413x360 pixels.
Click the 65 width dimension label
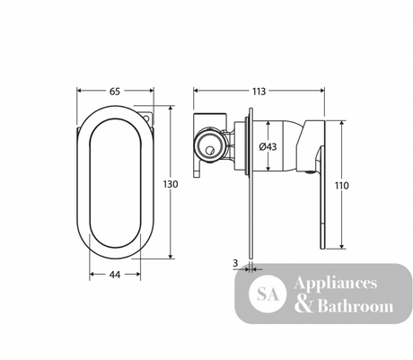[115, 92]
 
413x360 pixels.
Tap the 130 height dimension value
[171, 184]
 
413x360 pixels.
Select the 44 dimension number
[115, 275]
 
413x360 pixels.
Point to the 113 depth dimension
[259, 92]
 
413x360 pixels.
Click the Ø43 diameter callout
[268, 146]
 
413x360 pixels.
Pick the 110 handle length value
[341, 186]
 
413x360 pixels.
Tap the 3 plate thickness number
[235, 263]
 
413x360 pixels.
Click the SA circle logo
[268, 294]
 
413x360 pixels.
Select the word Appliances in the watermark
[335, 284]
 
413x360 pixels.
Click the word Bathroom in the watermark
[356, 306]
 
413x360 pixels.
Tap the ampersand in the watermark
[303, 305]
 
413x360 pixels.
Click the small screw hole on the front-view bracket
[146, 118]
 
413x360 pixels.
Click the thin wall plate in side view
[251, 183]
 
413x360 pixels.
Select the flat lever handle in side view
[322, 198]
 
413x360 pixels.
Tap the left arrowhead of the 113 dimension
[196, 91]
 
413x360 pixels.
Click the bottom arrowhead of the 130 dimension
[171, 256]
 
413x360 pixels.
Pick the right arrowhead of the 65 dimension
[151, 91]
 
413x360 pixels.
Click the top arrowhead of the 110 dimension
[341, 124]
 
